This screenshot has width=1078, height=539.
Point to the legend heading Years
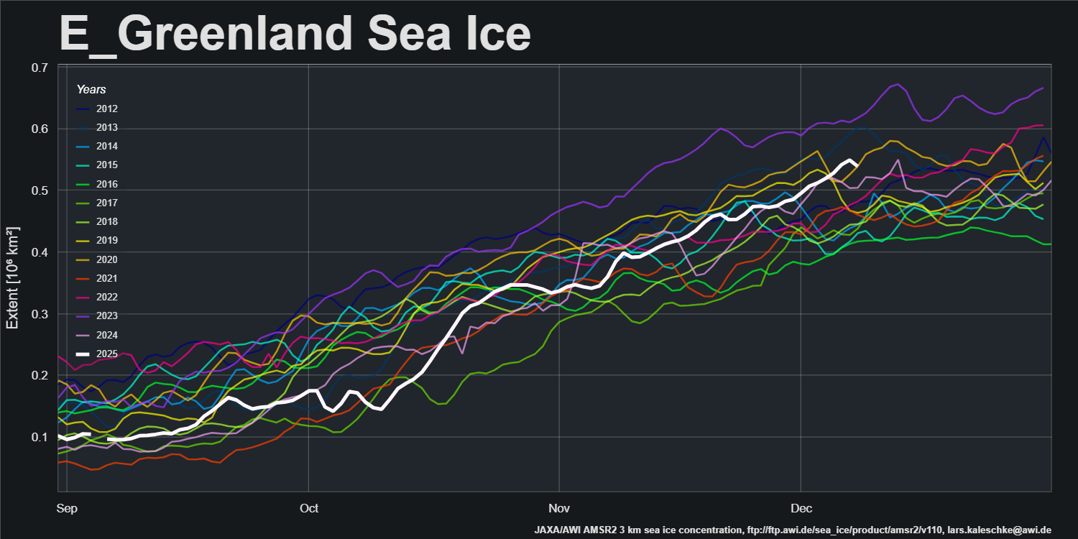[x=91, y=90]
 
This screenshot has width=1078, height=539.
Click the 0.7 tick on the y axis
[x=40, y=68]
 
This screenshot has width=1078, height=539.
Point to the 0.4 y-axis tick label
[x=40, y=252]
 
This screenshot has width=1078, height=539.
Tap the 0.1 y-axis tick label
[x=40, y=437]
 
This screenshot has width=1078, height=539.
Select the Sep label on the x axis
[x=66, y=508]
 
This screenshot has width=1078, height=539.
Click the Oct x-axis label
[x=309, y=508]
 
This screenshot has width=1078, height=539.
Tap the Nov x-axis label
[x=558, y=508]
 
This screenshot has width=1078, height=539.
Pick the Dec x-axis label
[x=801, y=508]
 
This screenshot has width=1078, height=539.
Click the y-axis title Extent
[x=13, y=277]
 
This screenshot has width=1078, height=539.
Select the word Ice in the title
[x=496, y=33]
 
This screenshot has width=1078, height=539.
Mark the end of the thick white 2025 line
[x=855, y=165]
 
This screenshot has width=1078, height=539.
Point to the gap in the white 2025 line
[x=98, y=436]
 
